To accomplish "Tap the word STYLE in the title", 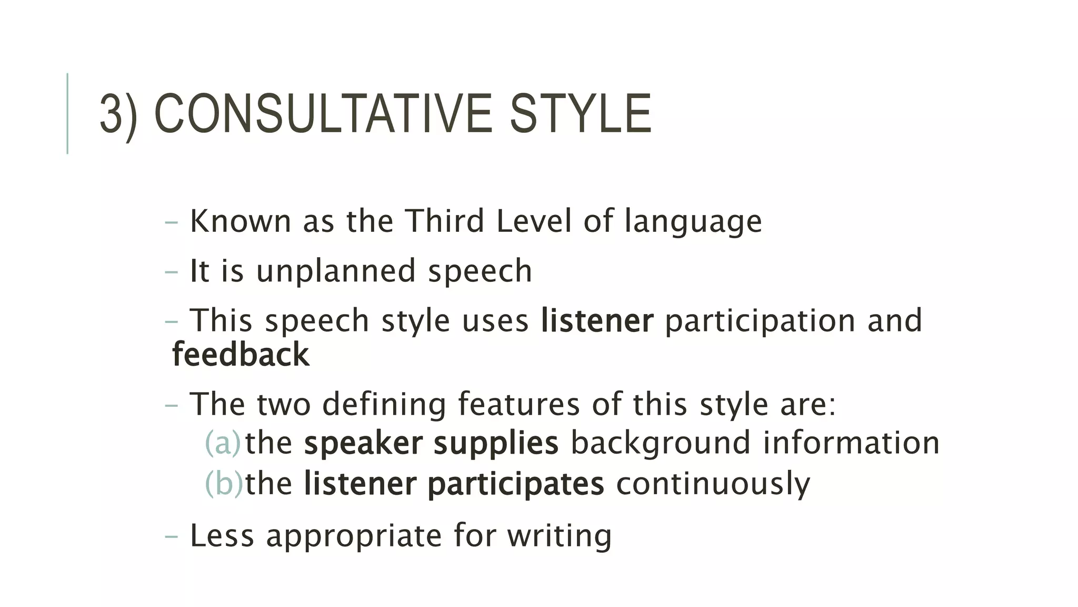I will coord(580,114).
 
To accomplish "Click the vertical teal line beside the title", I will coord(67,113).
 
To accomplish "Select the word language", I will coord(693,222).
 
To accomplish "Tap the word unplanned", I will coord(336,271).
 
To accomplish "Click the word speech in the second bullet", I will coord(480,271).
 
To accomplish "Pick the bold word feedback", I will coord(241,354).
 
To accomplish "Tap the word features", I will coord(518,404).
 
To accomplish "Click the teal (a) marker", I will coord(222,443).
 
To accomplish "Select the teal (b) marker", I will coord(223,483).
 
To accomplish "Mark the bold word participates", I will coord(515,484).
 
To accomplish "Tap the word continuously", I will coord(713,484).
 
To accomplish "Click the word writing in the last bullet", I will coord(559,536).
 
